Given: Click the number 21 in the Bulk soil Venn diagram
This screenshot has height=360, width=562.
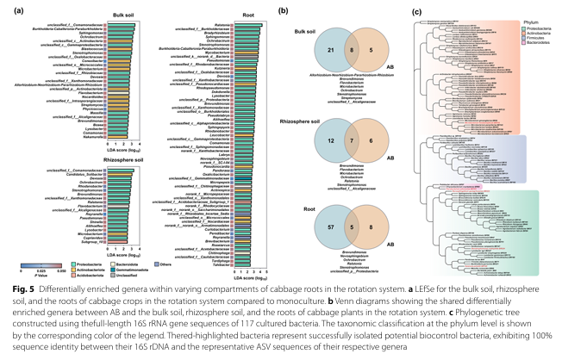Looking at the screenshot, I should point(322,52).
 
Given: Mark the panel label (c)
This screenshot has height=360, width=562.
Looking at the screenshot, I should point(418,11).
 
